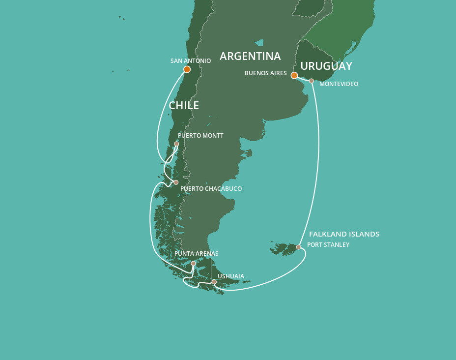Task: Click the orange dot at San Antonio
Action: pyautogui.click(x=187, y=69)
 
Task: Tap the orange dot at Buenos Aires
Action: pyautogui.click(x=294, y=75)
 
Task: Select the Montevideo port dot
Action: pyautogui.click(x=312, y=81)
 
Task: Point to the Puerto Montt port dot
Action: pyautogui.click(x=176, y=144)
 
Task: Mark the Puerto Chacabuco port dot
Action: pyautogui.click(x=176, y=182)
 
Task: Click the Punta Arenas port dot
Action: pyautogui.click(x=193, y=264)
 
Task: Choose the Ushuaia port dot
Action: pyautogui.click(x=214, y=282)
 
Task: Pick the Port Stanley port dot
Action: pyautogui.click(x=298, y=247)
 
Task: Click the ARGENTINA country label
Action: pyautogui.click(x=250, y=56)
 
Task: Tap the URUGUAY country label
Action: pyautogui.click(x=326, y=66)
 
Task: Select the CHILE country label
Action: pyautogui.click(x=184, y=105)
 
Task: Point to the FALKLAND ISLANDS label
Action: pyautogui.click(x=344, y=234)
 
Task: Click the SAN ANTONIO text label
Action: pyautogui.click(x=191, y=61)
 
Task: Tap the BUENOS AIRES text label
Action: pyautogui.click(x=265, y=73)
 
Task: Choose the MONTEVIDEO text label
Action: pyautogui.click(x=339, y=84)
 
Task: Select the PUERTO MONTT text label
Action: pyautogui.click(x=200, y=136)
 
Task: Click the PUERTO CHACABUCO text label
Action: pyautogui.click(x=211, y=188)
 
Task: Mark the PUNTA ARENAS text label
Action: pyautogui.click(x=196, y=254)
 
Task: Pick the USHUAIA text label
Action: pyautogui.click(x=230, y=276)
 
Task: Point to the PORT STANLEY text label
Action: pyautogui.click(x=328, y=244)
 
